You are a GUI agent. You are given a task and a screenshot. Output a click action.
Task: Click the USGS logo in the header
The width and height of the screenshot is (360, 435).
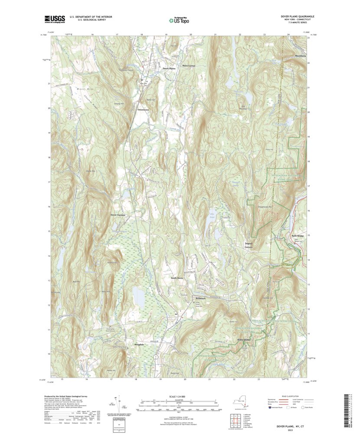coord(54,19)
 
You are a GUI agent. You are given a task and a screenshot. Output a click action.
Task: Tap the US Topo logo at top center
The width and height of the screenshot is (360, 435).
coord(180,20)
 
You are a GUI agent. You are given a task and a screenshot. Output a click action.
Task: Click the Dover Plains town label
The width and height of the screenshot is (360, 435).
coord(169,69)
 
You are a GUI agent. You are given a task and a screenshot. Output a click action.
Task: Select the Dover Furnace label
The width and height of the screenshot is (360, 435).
coord(118,214)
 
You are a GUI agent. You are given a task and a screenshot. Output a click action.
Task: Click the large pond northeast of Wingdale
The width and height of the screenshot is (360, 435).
coord(139,297)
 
